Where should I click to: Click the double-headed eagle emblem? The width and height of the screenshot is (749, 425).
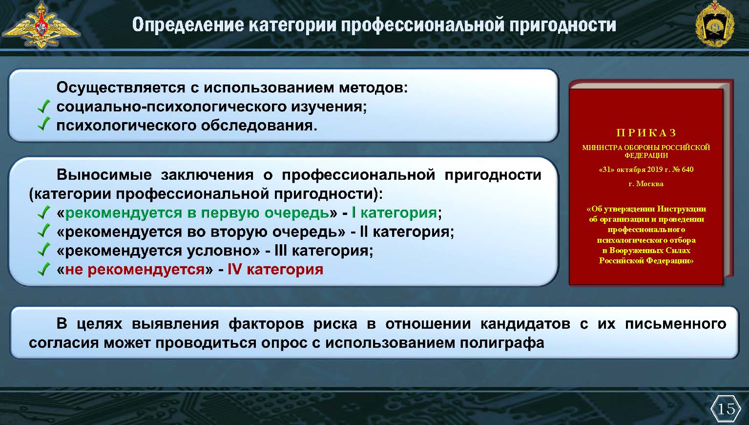pos(41,25)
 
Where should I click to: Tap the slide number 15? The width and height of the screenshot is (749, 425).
pos(726,408)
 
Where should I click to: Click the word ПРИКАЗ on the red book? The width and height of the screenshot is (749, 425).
pos(646,133)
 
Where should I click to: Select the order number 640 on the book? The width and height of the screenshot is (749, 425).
pos(687,170)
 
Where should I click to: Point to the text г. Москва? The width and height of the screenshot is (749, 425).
pos(646,184)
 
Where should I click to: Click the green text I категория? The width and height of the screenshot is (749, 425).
pos(395,213)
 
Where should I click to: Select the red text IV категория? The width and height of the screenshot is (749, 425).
pos(275,269)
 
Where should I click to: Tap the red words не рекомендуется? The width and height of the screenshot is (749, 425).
pos(135,270)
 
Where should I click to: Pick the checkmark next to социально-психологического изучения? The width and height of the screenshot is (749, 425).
pos(43,106)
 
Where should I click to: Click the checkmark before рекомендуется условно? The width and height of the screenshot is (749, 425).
pos(43,250)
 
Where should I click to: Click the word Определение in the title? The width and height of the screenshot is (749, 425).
pos(188,25)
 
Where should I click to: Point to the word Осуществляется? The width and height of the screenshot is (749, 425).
pos(121,88)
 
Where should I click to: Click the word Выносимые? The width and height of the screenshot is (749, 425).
pos(104,175)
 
